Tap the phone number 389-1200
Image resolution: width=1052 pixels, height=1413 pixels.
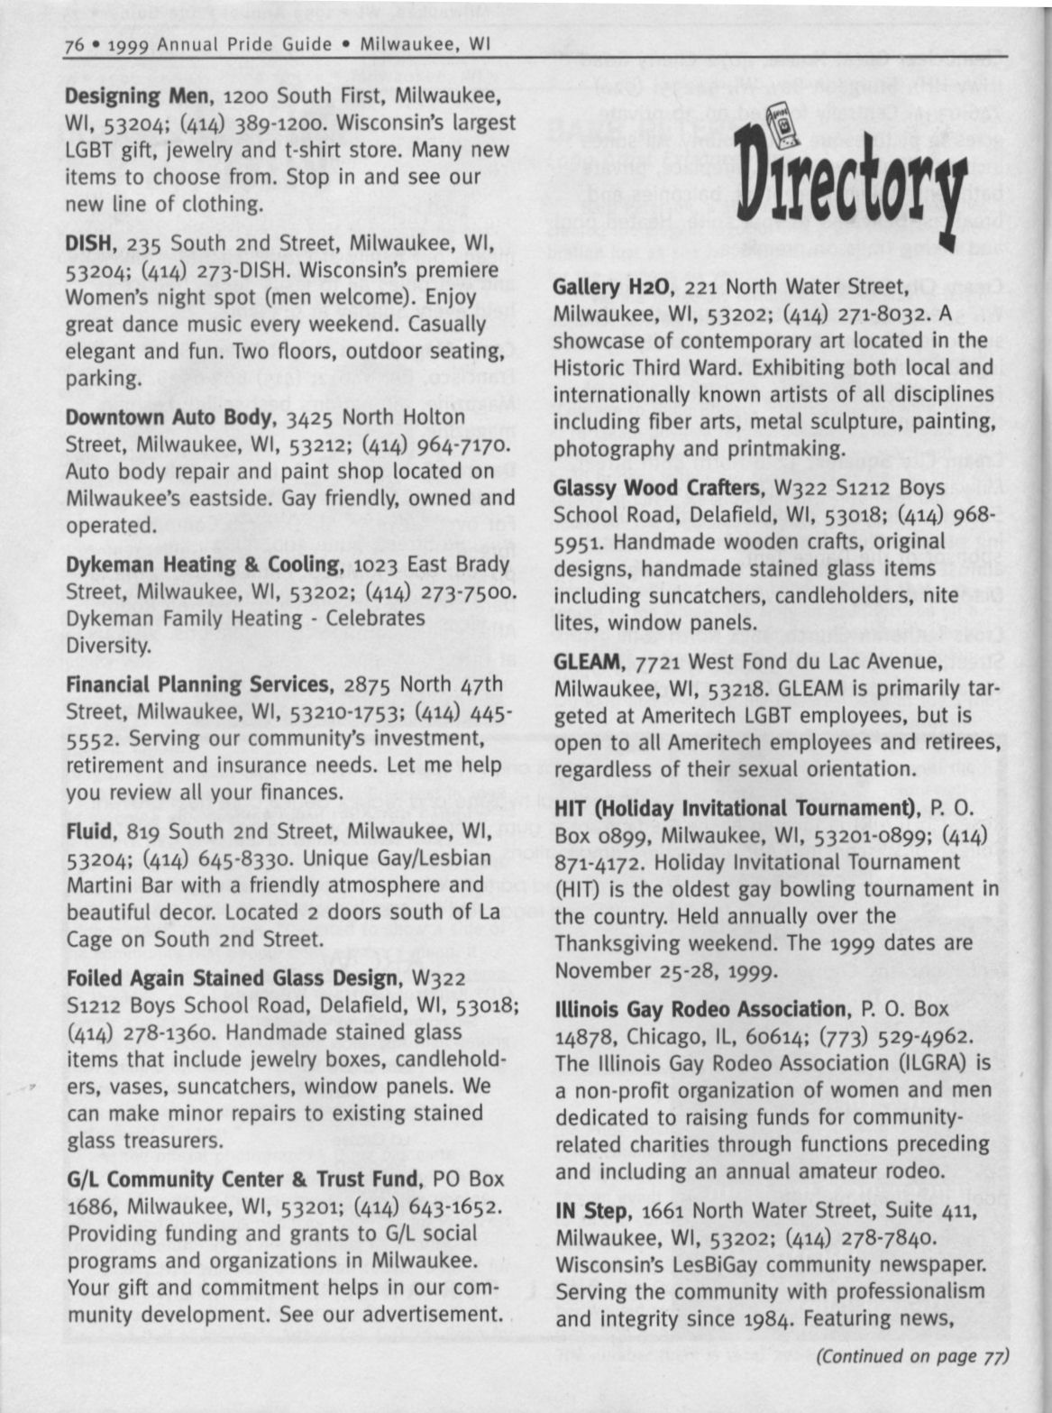(171, 123)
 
